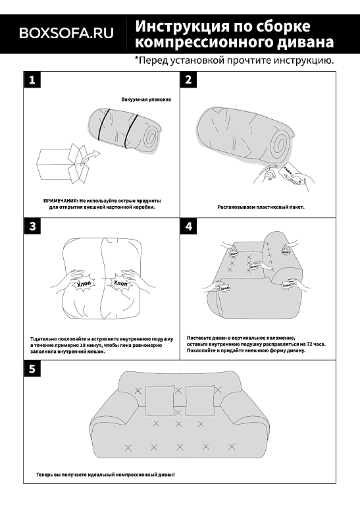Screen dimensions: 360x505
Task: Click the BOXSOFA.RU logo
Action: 66,33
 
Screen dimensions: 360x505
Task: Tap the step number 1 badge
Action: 32,80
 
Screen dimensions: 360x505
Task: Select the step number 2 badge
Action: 188,80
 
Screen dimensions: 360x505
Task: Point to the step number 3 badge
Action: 32,226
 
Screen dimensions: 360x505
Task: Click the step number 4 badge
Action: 188,226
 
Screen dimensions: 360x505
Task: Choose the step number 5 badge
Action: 32,369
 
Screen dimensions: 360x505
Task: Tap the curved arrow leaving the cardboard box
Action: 90,155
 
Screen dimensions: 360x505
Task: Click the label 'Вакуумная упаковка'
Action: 146,99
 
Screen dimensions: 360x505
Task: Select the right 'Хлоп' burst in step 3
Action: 120,283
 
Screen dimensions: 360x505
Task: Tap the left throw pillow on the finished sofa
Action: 160,401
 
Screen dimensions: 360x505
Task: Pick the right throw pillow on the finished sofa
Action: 200,400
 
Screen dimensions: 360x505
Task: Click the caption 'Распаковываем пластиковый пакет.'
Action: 261,207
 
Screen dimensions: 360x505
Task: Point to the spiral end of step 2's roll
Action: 279,144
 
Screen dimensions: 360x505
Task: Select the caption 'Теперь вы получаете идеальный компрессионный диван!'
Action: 105,475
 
